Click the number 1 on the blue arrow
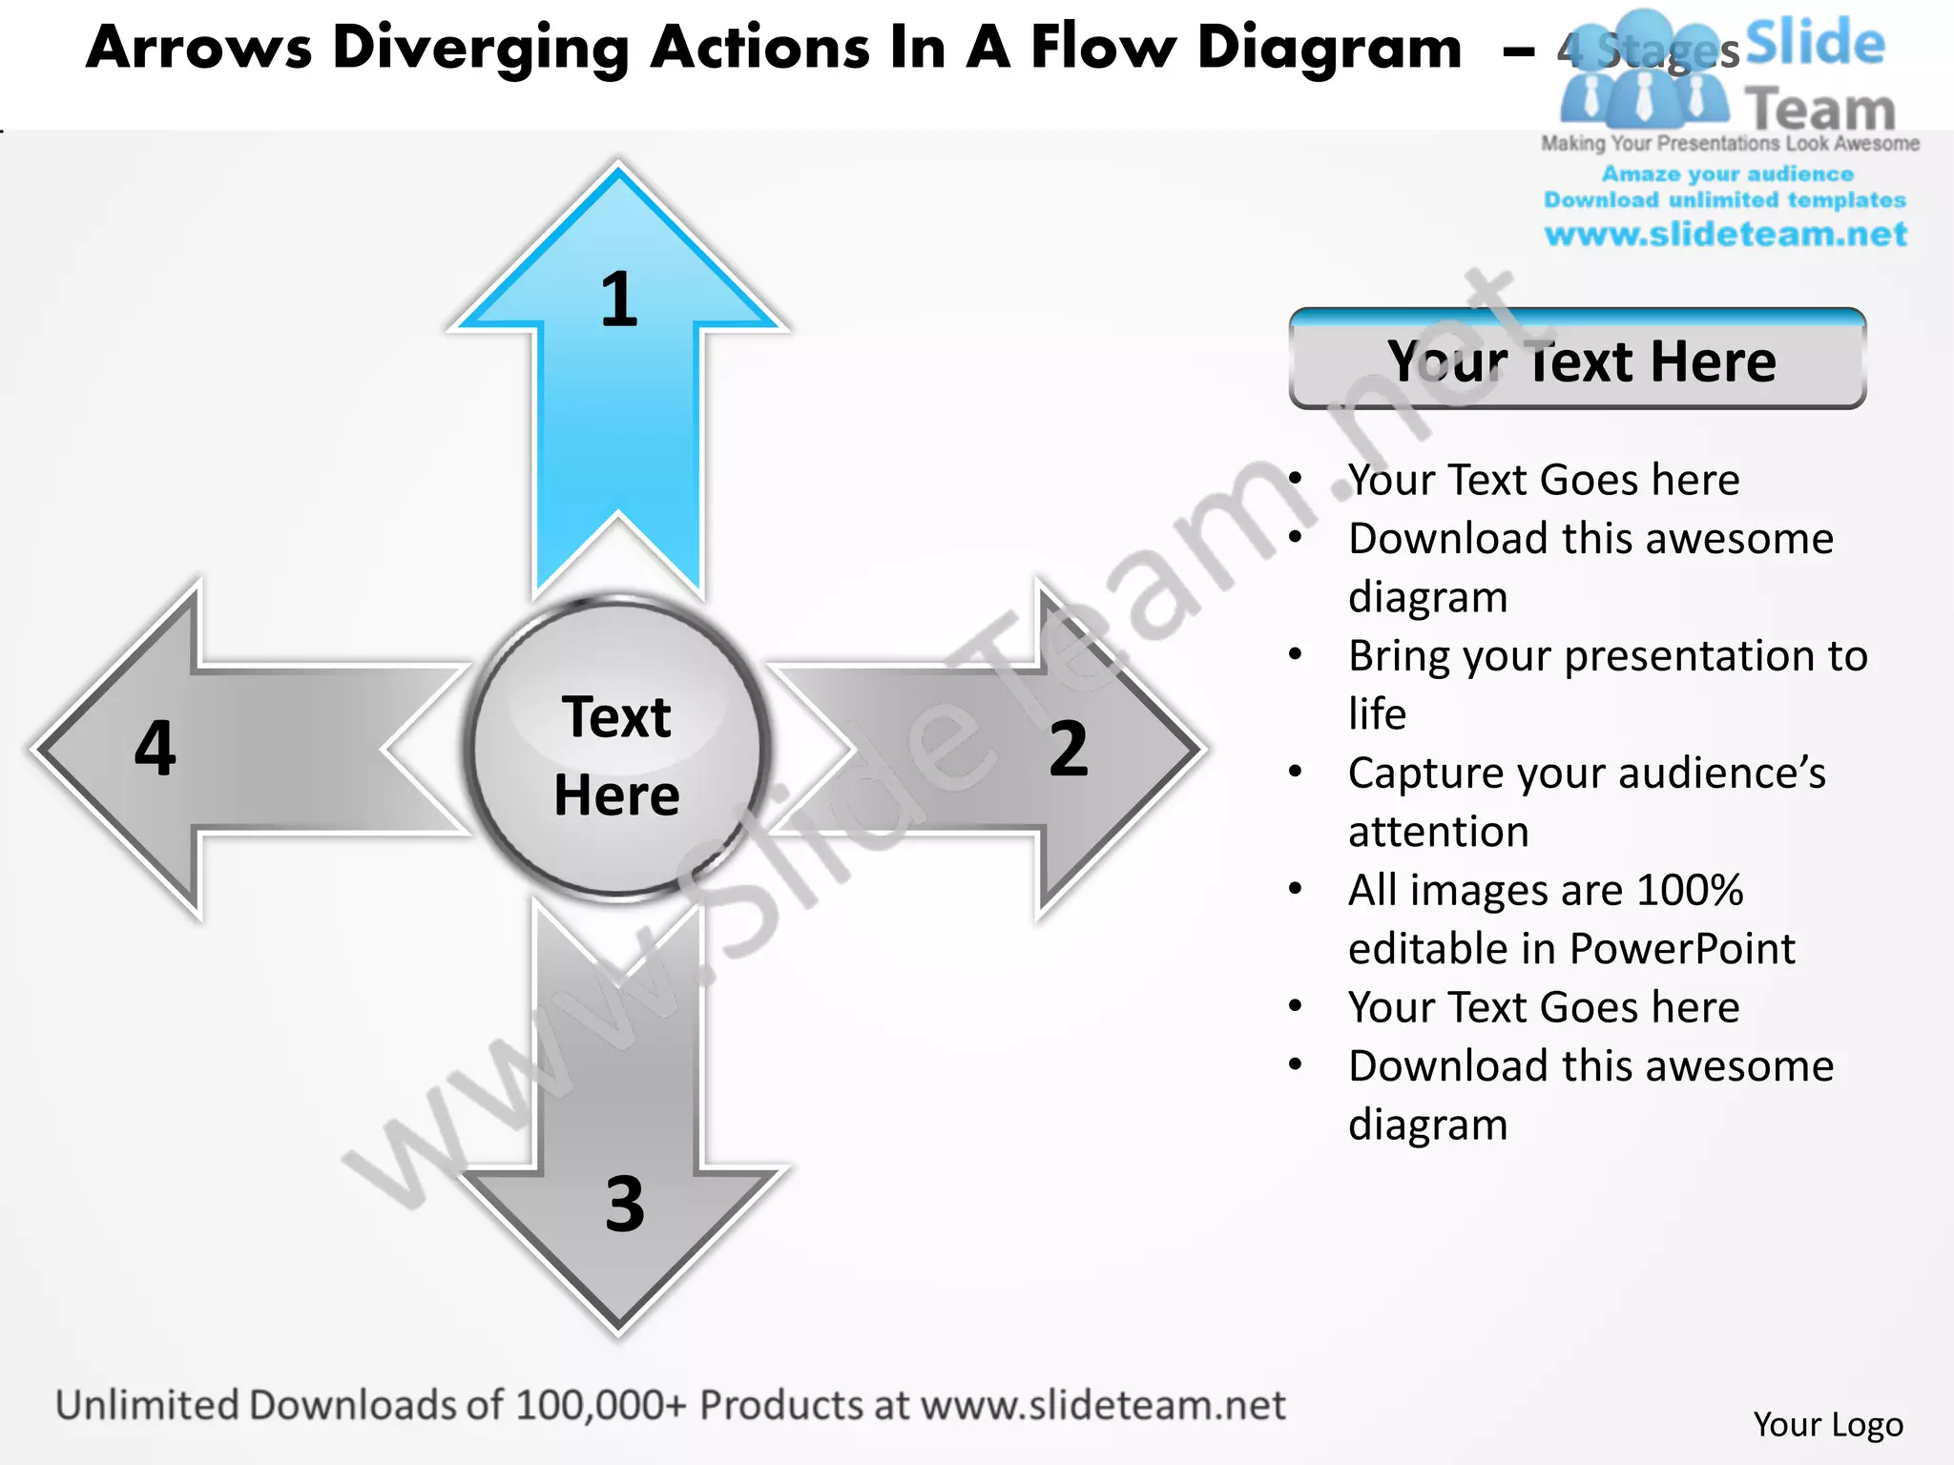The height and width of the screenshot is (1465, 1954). pos(619,299)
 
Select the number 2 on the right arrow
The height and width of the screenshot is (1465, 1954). pos(1069,749)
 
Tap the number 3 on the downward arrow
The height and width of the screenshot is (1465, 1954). pos(625,1204)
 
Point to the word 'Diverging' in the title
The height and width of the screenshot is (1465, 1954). pos(480,48)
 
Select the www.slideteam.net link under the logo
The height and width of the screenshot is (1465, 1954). pos(1725,235)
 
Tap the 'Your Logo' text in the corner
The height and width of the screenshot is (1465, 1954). pos(1828,1424)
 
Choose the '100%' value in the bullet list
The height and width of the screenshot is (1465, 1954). pos(1690,890)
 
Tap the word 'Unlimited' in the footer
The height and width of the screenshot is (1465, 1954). pos(147,1405)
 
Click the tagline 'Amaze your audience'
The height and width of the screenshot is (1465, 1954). pos(1727,175)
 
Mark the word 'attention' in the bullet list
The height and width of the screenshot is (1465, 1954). pos(1439,832)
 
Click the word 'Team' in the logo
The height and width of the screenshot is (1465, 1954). pos(1819,110)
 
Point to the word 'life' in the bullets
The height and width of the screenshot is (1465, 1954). pos(1377,713)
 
